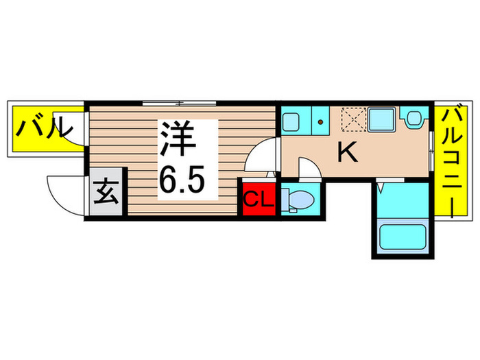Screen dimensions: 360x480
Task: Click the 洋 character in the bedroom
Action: coord(180,139)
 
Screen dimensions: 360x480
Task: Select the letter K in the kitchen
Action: coord(348,152)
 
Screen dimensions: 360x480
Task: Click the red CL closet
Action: coord(259,200)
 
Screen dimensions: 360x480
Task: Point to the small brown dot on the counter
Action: coord(320,123)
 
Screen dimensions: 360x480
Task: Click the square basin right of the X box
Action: coord(381,120)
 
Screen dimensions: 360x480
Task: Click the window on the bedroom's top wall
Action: coord(179,104)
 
